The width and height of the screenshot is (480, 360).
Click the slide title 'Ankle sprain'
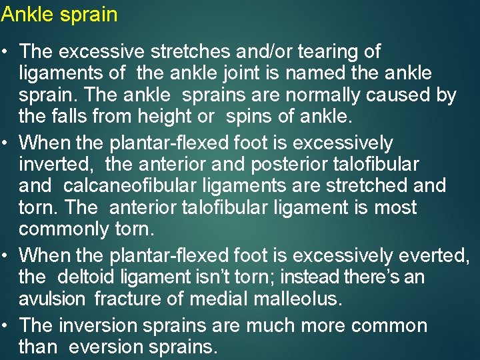(x=59, y=14)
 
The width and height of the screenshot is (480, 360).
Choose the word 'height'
(x=167, y=116)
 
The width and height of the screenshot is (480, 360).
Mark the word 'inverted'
(x=56, y=164)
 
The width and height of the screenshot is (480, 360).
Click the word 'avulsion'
(x=51, y=299)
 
